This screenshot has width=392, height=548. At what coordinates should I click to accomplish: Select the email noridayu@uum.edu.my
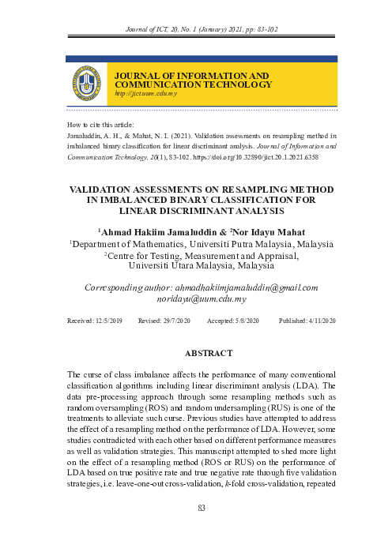202,300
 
